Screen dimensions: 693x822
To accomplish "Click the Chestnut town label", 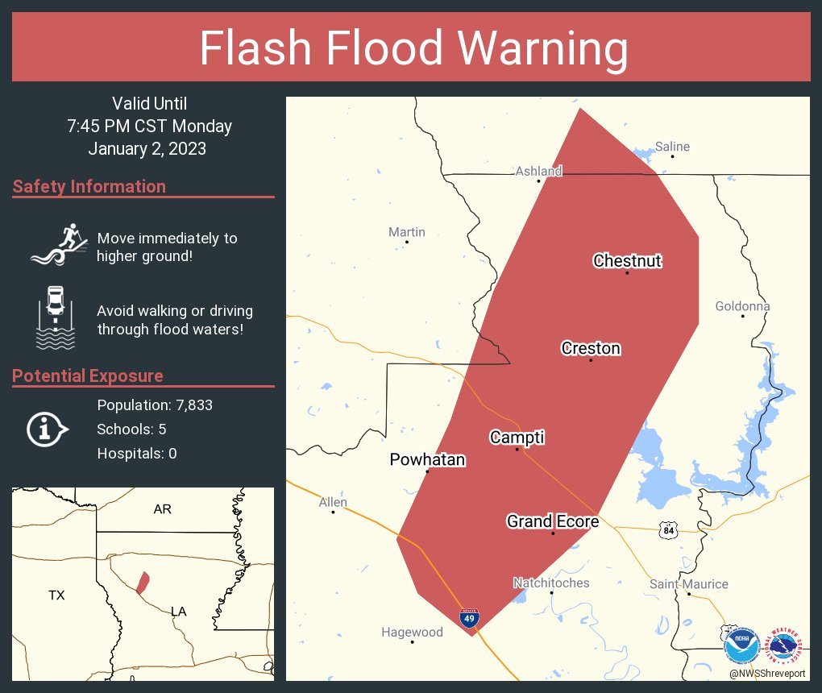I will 627,260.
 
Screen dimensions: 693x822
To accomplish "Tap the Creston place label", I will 591,348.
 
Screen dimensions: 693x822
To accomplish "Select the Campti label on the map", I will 517,438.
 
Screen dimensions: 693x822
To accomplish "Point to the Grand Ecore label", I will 553,521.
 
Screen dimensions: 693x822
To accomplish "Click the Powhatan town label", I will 427,459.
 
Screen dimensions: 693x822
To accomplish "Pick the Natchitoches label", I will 551,583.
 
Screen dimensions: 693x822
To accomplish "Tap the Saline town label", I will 672,147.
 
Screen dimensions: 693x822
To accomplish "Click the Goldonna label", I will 742,306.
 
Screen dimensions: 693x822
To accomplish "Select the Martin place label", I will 406,232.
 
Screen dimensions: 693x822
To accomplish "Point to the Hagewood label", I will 412,632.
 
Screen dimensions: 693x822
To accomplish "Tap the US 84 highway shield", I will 666,530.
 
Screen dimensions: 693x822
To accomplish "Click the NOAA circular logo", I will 741,645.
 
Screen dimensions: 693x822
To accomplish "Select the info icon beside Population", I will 48,429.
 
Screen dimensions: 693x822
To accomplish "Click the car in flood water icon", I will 55,317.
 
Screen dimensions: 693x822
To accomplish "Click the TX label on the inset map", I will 56,595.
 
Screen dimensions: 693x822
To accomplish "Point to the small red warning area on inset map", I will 143,583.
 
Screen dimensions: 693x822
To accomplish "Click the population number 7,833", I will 189,405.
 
